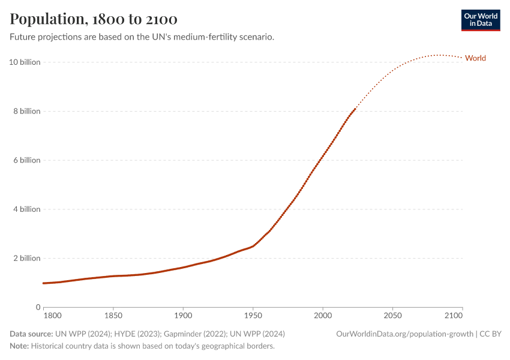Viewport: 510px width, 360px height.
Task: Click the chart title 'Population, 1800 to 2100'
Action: pos(94,19)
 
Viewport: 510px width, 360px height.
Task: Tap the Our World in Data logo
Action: pos(480,20)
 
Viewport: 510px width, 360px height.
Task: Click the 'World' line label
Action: pos(475,58)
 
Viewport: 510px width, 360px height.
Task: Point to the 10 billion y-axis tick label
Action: pos(25,62)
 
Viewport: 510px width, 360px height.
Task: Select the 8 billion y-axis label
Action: pos(26,111)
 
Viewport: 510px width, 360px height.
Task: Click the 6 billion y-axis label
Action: pos(26,160)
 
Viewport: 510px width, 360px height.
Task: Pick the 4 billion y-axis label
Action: pos(26,209)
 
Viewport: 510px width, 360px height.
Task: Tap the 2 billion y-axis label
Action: pos(26,258)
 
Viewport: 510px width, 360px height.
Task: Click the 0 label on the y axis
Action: pos(38,307)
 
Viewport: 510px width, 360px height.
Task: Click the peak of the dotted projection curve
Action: pos(440,55)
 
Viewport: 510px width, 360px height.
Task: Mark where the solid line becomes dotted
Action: pos(356,109)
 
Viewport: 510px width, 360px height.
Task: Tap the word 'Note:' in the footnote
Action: pos(19,346)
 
